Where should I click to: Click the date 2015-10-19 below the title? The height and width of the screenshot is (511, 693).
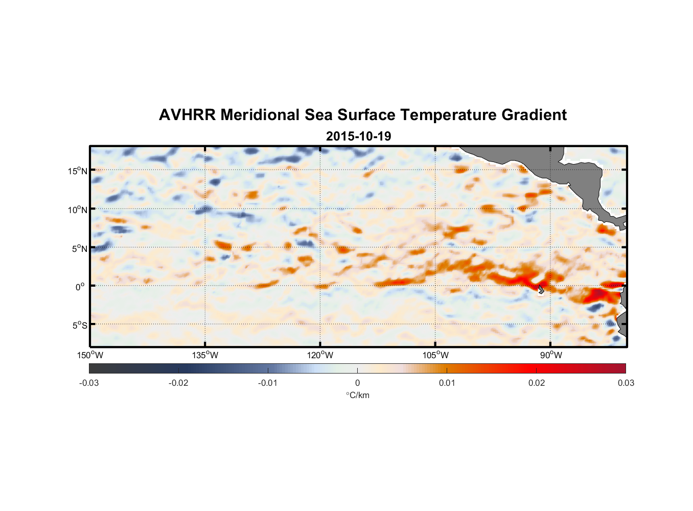(358, 136)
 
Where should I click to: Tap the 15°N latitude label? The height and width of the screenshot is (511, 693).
(78, 171)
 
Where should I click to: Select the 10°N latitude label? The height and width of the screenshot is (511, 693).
(78, 210)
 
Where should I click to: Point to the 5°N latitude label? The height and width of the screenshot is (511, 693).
(79, 248)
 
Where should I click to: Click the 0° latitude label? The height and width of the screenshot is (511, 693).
(80, 287)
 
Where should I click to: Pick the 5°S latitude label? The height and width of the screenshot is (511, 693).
(79, 326)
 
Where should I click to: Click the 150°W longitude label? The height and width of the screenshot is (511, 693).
(90, 355)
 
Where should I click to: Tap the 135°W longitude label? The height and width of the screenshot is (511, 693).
(205, 355)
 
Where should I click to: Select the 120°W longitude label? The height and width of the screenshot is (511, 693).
(320, 355)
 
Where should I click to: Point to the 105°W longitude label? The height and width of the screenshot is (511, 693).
(435, 355)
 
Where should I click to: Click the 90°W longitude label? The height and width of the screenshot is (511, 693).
(551, 355)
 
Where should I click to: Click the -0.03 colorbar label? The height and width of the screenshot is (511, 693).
(89, 383)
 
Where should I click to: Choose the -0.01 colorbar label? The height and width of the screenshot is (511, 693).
(268, 383)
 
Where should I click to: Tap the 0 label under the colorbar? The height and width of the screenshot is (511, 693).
(357, 383)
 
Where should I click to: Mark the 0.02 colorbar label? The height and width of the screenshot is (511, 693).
(537, 383)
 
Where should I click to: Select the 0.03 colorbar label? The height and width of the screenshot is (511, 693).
(626, 383)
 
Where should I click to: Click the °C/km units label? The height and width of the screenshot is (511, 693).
(358, 395)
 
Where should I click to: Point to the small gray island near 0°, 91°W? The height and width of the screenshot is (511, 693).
(541, 290)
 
